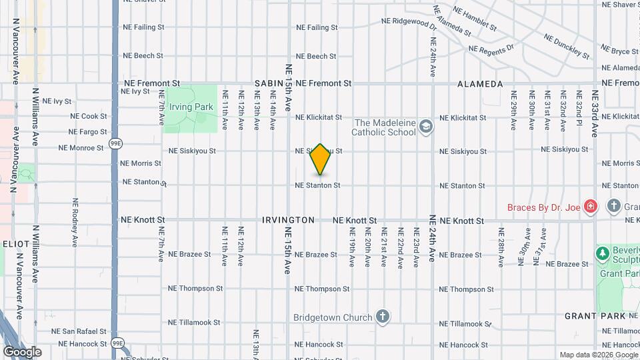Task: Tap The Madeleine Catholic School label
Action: click(385, 127)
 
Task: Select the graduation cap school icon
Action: click(425, 126)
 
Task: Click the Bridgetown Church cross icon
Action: click(383, 317)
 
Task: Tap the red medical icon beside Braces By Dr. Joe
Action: click(589, 207)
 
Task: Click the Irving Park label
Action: click(191, 107)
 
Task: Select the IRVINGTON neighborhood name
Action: click(288, 220)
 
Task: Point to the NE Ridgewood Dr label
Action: click(409, 22)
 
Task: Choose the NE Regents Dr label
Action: click(491, 49)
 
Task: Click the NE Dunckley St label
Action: click(567, 46)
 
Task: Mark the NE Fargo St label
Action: click(84, 132)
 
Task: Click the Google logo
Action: click(22, 351)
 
